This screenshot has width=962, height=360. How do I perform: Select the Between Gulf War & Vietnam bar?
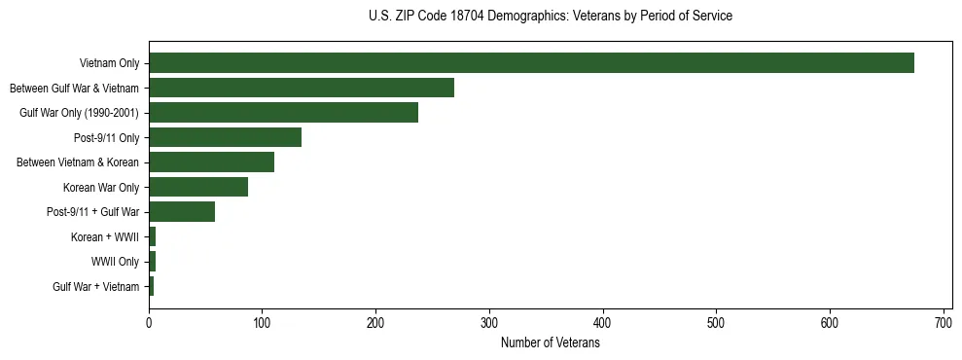[302, 88]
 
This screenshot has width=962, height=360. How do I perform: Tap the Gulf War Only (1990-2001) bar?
[283, 113]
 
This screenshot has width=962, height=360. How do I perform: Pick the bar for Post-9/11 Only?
[225, 137]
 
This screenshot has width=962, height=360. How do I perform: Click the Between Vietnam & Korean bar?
[211, 162]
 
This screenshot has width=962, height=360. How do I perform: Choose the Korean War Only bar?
[198, 187]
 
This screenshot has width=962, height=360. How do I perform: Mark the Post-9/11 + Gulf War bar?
[182, 212]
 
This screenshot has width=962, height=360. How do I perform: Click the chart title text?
[551, 16]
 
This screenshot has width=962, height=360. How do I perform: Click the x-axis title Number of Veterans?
[550, 342]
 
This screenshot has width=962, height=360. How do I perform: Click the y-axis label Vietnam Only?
[109, 63]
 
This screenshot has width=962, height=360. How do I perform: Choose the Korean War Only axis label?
[101, 187]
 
